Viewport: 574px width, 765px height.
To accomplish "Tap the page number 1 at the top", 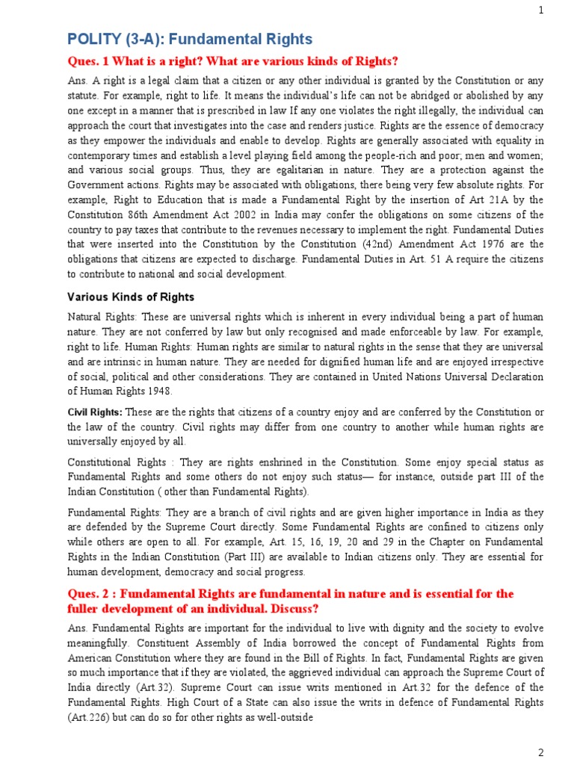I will click(562, 10).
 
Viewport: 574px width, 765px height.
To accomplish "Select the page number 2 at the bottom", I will click(561, 751).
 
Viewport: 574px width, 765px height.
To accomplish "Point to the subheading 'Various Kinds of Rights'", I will click(132, 297).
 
